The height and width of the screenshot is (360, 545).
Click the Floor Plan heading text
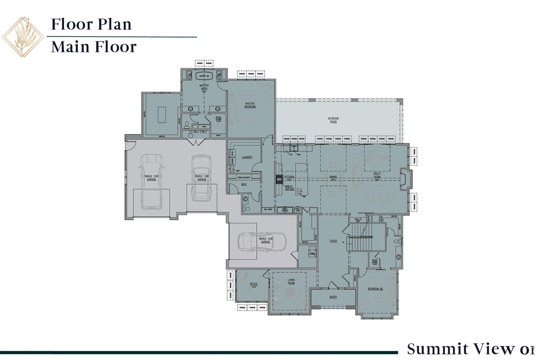pos(91,24)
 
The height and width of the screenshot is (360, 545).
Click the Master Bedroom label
pos(250,105)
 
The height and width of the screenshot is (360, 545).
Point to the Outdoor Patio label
pos(333,120)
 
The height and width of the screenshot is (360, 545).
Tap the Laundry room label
pos(247,157)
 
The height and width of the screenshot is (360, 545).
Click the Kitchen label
pos(289,177)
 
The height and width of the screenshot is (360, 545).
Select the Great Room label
pos(377,175)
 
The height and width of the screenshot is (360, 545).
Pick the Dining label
pos(333,177)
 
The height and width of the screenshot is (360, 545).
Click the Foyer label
pos(333,241)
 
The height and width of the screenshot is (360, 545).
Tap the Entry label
pos(333,297)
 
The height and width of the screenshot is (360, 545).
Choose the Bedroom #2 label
pos(375,289)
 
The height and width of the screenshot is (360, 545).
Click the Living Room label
pos(291,282)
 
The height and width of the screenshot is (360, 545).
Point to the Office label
pos(254,284)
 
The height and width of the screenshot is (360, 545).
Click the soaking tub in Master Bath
pos(204,76)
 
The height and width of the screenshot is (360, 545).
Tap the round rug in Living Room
pos(290,292)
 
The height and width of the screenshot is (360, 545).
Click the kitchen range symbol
pos(279,179)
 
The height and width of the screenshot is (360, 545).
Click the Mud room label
pos(244,184)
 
